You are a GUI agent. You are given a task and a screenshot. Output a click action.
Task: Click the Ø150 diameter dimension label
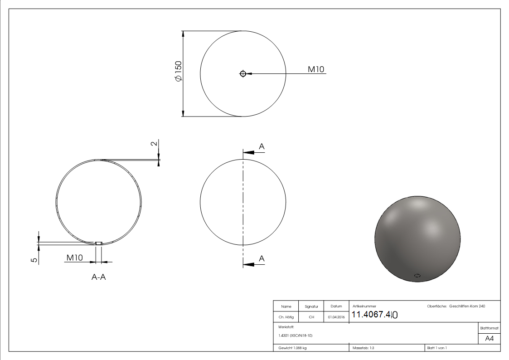[x=178, y=71]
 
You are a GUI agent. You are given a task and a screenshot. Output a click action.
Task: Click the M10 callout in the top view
[x=316, y=69]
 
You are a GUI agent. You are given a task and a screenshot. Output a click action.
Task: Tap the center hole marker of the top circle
[x=243, y=73]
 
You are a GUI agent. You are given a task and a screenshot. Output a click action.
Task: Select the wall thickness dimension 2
[x=154, y=143]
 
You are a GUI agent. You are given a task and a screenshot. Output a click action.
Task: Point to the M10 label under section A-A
[x=74, y=258]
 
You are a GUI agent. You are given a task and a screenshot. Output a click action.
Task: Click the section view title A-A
[x=98, y=277]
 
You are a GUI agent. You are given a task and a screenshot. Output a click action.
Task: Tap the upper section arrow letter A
[x=262, y=146]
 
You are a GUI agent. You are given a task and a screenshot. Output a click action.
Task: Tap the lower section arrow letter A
[x=262, y=258]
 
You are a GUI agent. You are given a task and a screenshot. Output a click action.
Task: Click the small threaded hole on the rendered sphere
[x=417, y=275]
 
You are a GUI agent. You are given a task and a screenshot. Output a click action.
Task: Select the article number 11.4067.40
[x=374, y=315]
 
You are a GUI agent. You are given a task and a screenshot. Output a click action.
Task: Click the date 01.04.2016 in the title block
[x=336, y=317]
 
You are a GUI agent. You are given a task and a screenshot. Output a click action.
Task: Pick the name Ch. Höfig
[x=286, y=317]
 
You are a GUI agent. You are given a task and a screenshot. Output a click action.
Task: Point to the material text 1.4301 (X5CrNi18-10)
[x=296, y=336]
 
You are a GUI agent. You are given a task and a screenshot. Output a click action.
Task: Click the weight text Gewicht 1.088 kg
[x=292, y=348]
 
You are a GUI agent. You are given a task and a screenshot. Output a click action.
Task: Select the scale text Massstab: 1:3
[x=363, y=348]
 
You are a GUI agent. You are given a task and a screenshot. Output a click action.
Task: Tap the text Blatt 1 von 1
[x=437, y=348]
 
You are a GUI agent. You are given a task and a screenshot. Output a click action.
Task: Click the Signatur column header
[x=311, y=306]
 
